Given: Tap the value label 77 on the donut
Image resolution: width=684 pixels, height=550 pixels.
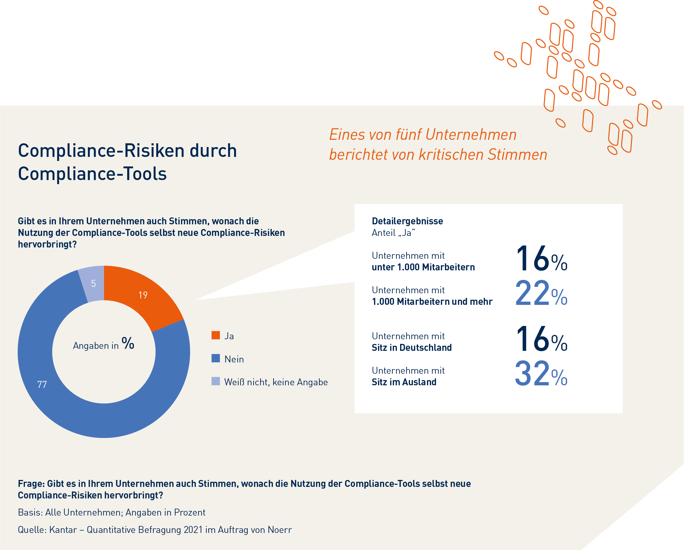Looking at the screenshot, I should click(42, 384).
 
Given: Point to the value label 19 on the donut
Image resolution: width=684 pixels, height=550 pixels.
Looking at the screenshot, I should click(143, 295).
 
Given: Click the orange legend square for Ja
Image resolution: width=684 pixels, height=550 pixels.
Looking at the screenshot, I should click(216, 335).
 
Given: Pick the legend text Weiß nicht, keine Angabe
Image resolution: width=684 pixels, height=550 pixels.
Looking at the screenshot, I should click(276, 382).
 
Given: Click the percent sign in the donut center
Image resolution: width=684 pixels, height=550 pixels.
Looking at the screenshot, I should click(128, 343).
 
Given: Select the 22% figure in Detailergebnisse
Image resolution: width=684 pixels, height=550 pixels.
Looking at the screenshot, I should click(541, 294).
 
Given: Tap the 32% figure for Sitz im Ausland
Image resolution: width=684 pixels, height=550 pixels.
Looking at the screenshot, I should click(541, 374).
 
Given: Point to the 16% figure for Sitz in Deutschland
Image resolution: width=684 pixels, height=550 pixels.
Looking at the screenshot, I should click(541, 340).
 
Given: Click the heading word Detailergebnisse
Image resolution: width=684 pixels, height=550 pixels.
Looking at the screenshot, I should click(407, 221).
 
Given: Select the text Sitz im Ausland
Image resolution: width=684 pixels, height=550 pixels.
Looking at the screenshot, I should click(404, 382).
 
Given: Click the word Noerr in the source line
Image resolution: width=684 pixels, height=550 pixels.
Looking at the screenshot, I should click(280, 530).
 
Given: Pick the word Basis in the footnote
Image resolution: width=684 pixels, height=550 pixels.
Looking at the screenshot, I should click(30, 512).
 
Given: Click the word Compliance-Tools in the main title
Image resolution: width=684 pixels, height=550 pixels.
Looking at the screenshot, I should click(92, 174).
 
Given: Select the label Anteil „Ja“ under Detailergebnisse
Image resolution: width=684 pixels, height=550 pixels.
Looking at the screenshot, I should click(393, 233).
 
